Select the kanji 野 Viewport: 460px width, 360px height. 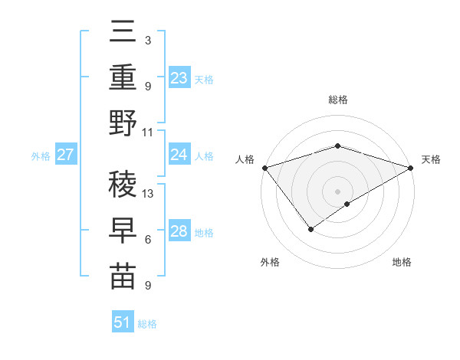[x=123, y=123]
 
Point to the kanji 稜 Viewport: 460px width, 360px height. [x=123, y=183]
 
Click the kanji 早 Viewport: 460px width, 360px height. [x=123, y=230]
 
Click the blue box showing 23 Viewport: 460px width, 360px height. [x=179, y=78]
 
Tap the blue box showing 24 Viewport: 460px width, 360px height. [x=179, y=155]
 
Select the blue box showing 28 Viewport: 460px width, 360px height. [x=179, y=231]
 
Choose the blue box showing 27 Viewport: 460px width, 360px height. [x=66, y=155]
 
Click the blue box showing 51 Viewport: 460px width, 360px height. [x=123, y=322]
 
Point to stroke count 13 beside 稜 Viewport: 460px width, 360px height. [x=149, y=193]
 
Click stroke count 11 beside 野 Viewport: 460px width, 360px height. [x=148, y=132]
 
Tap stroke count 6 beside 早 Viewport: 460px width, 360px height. [x=148, y=240]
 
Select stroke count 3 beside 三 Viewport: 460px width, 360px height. [x=148, y=40]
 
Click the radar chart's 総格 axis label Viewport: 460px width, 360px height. [x=337, y=100]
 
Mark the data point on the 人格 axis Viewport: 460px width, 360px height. [x=264, y=168]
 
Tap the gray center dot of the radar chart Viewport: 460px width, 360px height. [x=337, y=191]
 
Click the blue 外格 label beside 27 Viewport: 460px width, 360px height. [x=41, y=155]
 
